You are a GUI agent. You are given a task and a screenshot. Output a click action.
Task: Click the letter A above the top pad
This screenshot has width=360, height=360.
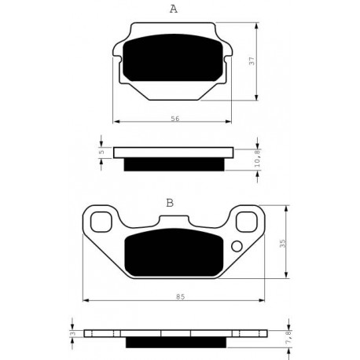click(x=174, y=9)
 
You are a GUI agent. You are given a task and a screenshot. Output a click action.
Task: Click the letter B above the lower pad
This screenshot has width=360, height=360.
click(x=170, y=203)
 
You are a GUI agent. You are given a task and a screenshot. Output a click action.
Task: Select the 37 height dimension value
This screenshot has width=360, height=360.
click(x=252, y=61)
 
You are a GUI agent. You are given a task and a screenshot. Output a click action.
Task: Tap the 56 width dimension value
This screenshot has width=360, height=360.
click(x=175, y=119)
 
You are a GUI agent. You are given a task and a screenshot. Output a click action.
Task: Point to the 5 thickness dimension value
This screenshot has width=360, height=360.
click(x=102, y=152)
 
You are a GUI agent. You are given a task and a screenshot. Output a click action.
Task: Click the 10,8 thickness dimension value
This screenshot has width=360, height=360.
click(x=257, y=158)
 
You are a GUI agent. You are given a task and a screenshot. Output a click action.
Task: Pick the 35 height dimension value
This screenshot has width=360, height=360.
click(x=283, y=244)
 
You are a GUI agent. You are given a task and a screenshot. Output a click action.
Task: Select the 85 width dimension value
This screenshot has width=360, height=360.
click(x=180, y=297)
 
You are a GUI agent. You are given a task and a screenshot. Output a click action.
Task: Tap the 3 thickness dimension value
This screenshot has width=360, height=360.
click(x=73, y=333)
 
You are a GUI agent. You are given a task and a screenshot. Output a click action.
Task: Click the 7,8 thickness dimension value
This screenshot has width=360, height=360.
click(x=288, y=337)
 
